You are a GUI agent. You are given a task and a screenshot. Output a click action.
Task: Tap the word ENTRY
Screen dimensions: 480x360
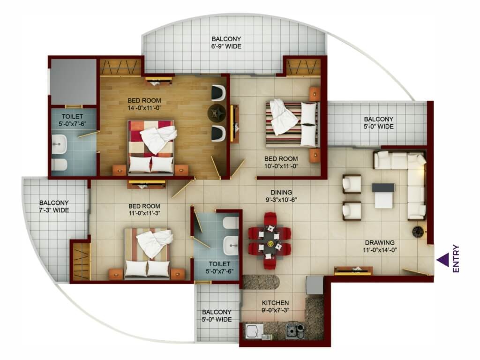pos(456,259)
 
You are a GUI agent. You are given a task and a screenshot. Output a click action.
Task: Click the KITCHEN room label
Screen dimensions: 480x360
pos(275,303)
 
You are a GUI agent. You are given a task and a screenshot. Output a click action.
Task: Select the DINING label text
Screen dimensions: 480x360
pos(281,192)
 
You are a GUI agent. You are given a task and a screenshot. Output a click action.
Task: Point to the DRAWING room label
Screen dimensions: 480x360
pos(380,242)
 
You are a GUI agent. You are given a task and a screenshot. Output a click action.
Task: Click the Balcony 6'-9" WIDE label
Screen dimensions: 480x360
pos(226,43)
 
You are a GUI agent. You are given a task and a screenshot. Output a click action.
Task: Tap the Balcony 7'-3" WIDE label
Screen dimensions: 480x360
pos(54,206)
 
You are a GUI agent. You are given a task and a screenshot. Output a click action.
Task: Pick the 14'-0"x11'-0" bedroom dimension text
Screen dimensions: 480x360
pos(144,108)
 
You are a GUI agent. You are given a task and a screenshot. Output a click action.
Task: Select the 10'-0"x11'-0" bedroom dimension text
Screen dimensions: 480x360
pos(281,166)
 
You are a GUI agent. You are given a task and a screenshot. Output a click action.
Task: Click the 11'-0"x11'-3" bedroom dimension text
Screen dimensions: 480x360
pos(144,213)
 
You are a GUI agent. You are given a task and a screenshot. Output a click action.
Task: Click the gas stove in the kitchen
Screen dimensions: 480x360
pos(295,330)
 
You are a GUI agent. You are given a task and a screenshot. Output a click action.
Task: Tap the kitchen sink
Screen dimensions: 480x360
pos(254,331)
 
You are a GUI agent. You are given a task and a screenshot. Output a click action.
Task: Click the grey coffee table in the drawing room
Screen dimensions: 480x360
pos(383,195)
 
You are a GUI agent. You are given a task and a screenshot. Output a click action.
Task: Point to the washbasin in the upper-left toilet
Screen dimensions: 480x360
pos(59,144)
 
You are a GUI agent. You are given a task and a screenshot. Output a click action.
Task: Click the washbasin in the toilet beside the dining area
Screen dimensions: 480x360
pos(231,245)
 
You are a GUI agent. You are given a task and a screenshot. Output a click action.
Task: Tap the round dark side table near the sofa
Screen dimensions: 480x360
pos(417,232)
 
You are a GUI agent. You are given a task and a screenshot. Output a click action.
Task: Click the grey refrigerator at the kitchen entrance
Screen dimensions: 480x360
pos(315,285)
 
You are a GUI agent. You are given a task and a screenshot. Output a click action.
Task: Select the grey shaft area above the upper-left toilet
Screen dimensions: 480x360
pos(74,82)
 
